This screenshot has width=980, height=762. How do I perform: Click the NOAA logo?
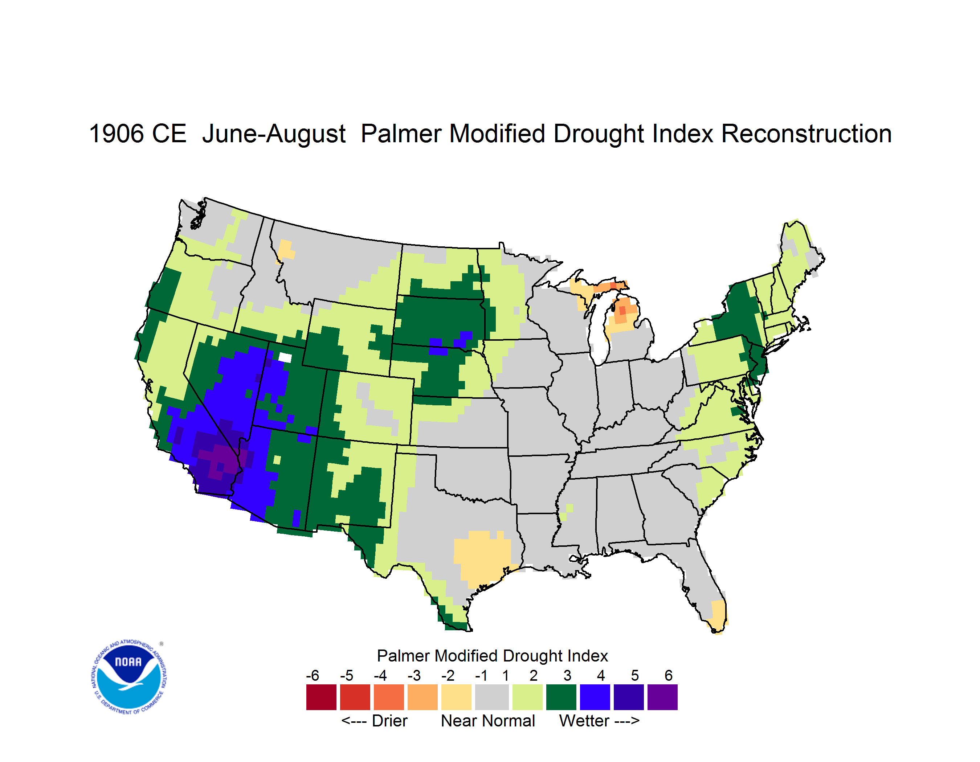click(x=129, y=677)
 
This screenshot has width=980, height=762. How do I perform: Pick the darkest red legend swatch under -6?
click(x=321, y=697)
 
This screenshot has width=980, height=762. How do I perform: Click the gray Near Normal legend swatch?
click(x=492, y=697)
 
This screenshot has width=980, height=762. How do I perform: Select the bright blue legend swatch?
click(x=595, y=697)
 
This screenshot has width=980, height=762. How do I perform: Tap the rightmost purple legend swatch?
click(x=662, y=697)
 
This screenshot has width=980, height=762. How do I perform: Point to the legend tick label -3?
click(x=414, y=675)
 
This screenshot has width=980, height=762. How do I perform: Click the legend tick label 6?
click(x=669, y=675)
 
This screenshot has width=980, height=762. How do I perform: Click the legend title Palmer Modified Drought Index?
click(x=492, y=656)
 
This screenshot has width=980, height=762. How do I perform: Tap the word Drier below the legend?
click(x=389, y=721)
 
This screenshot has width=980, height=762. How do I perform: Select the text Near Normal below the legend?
click(x=488, y=721)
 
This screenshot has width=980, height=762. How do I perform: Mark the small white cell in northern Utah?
click(x=285, y=357)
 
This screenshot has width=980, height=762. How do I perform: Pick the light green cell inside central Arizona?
click(x=277, y=460)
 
